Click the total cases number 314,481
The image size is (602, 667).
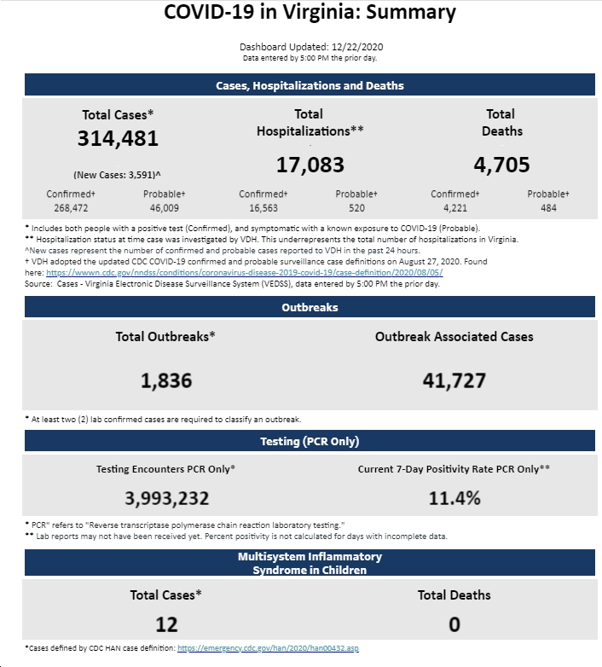(118, 139)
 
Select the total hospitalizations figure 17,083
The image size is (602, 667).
(310, 165)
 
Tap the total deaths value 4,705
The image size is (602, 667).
(501, 165)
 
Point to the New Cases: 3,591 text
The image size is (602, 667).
(117, 175)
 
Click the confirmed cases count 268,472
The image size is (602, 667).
(71, 208)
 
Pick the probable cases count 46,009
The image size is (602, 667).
(164, 208)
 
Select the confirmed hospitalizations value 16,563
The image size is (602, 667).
(263, 208)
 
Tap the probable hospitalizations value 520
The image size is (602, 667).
(356, 208)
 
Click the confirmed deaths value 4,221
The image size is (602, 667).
(454, 208)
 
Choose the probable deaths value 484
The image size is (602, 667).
(548, 208)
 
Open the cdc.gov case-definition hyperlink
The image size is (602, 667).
(245, 273)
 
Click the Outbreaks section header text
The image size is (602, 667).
(310, 308)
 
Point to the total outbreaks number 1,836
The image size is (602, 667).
(166, 380)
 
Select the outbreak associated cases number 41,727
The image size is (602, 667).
(454, 380)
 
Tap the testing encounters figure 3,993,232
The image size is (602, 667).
(166, 499)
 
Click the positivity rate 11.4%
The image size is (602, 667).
(454, 498)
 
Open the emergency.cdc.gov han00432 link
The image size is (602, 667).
(268, 648)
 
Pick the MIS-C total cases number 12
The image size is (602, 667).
(166, 624)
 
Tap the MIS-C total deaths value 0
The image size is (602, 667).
(454, 624)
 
